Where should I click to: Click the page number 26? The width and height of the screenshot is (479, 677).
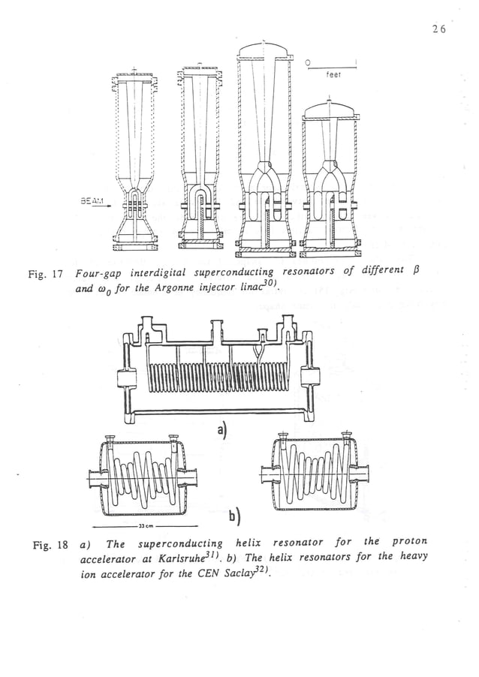click(x=439, y=29)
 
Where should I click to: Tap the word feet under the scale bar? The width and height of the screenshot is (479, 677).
click(x=333, y=75)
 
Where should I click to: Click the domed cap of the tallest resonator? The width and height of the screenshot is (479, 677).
click(x=261, y=52)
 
